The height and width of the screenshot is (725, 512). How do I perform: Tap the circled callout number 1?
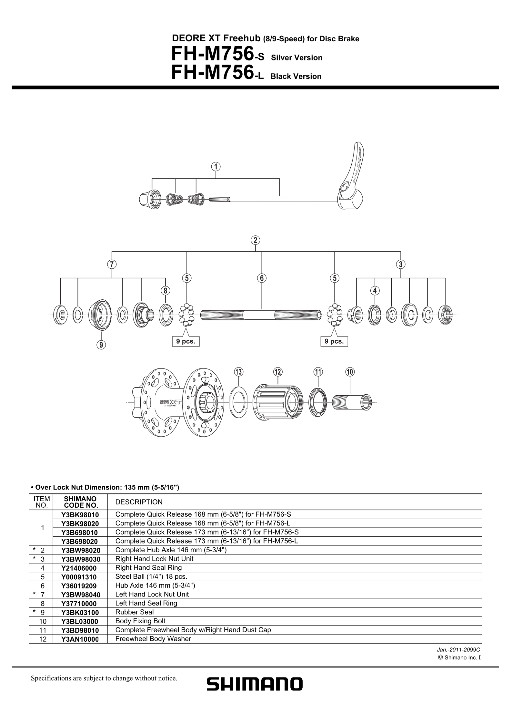point(216,166)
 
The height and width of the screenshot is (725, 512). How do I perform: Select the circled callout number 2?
point(255,240)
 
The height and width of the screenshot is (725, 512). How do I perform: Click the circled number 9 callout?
point(101,345)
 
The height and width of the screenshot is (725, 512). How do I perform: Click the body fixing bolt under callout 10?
point(352,402)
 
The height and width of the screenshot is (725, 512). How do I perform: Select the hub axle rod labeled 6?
point(261,315)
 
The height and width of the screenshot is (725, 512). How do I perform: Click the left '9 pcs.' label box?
point(186,341)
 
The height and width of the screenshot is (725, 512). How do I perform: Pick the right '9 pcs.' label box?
point(334,341)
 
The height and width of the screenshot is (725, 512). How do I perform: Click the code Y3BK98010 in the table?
point(80,515)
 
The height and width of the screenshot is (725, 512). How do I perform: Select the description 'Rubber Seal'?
point(135,612)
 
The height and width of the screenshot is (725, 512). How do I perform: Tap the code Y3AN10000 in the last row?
point(80,639)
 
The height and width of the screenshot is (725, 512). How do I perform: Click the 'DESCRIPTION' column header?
point(139,502)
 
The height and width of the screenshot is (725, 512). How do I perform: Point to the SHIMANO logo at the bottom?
point(255,684)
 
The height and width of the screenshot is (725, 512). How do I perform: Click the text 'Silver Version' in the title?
point(296,58)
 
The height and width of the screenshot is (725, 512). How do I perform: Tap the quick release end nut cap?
point(150,197)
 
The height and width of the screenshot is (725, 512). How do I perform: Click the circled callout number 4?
point(375,291)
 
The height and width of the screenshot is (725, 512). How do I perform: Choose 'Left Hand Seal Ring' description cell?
point(146,603)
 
